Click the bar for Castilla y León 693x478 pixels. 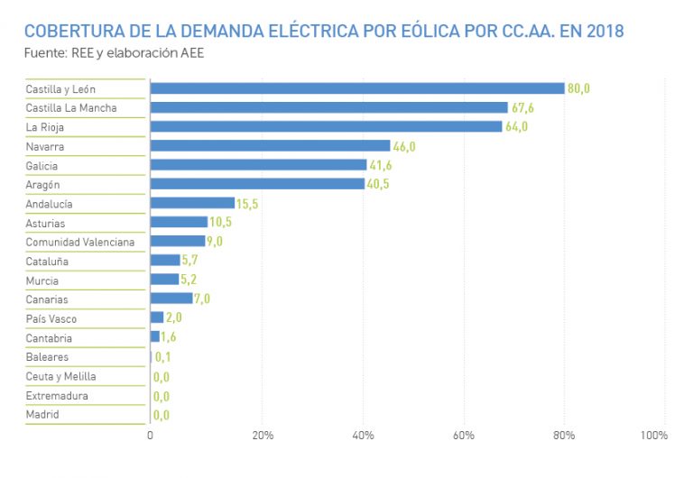tap(356, 88)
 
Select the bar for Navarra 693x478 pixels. tap(270, 145)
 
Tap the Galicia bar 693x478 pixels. tap(258, 164)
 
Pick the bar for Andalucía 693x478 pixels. tap(192, 203)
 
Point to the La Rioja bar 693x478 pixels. tap(326, 126)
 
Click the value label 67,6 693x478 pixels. tap(522, 108)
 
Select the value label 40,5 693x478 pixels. tap(378, 184)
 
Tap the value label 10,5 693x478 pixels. tap(221, 223)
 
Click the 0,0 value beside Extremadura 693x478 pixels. tap(162, 396)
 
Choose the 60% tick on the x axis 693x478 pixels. tap(464, 436)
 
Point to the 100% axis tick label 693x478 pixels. tap(653, 436)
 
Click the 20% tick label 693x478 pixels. tap(262, 436)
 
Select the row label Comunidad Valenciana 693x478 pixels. tap(79, 242)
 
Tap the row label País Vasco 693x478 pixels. tap(51, 319)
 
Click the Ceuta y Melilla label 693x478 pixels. tap(60, 376)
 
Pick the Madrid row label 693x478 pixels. tap(42, 415)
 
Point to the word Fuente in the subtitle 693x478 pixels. tap(43, 53)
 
